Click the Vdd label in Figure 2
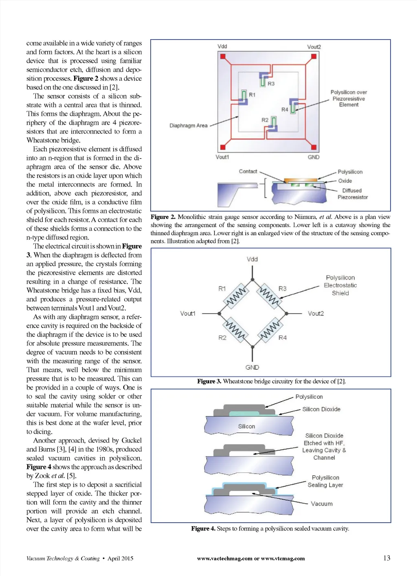(222, 46)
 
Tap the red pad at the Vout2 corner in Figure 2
(314, 57)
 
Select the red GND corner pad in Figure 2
(314, 147)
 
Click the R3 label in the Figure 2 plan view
(271, 84)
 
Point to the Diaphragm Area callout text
(188, 126)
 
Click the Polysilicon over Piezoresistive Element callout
(349, 99)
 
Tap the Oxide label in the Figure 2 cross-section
(345, 181)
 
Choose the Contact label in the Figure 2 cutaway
(248, 172)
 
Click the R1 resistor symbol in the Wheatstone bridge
(236, 296)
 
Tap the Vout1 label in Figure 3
(188, 313)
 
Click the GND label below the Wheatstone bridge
(252, 367)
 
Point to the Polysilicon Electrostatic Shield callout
(340, 285)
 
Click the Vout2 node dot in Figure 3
(287, 313)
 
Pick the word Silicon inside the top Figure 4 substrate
(246, 426)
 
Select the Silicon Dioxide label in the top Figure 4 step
(321, 409)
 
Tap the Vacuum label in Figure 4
(322, 504)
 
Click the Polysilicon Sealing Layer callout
(325, 481)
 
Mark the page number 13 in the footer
(386, 558)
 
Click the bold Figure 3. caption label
(209, 382)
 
